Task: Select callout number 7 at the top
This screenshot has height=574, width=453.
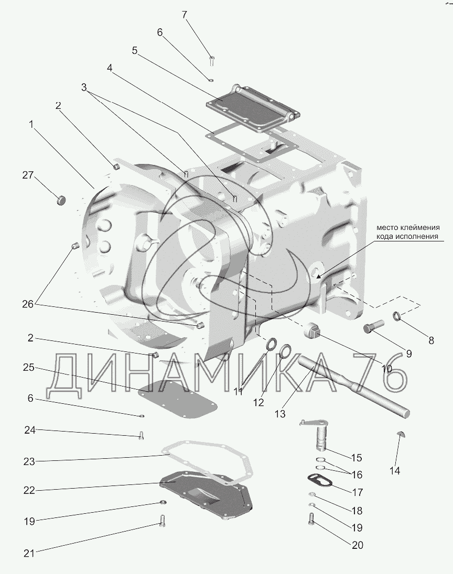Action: [184, 15]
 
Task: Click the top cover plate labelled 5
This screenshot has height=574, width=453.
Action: [252, 108]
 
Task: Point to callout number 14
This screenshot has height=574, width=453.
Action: [394, 471]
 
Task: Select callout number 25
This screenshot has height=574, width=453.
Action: [29, 368]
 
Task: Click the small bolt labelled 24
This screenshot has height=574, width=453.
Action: [141, 435]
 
